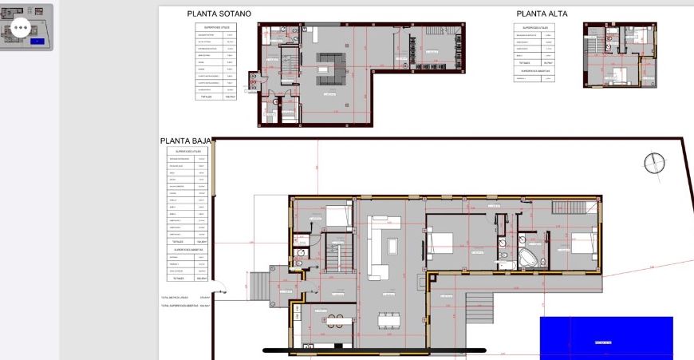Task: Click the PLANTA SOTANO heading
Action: (219, 14)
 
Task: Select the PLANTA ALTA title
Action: (542, 14)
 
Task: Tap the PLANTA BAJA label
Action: (185, 141)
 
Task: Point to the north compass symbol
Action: (655, 163)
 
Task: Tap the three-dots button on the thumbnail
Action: (20, 27)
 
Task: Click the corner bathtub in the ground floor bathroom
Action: (529, 257)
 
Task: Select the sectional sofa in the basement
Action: (329, 69)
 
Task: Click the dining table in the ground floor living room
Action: (388, 319)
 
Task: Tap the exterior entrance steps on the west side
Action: (258, 284)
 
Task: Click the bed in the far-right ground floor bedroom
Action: (581, 244)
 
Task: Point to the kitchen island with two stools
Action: (337, 322)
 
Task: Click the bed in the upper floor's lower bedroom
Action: (619, 77)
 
